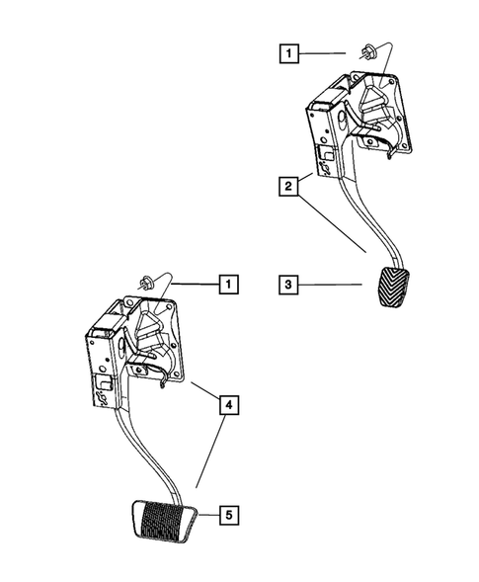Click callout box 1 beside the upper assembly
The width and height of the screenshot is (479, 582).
point(286,51)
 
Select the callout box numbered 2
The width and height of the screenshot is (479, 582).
point(286,187)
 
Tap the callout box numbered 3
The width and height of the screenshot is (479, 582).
point(286,286)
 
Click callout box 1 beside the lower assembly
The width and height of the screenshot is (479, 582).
point(227,286)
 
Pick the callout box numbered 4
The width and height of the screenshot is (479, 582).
point(227,404)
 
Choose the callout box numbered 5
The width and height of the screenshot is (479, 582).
point(227,514)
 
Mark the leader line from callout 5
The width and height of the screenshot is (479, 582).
point(207,514)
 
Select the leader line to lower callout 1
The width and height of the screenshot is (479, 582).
point(193,285)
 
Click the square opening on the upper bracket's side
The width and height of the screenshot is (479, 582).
point(323,155)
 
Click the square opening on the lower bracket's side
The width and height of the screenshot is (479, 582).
point(102,381)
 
